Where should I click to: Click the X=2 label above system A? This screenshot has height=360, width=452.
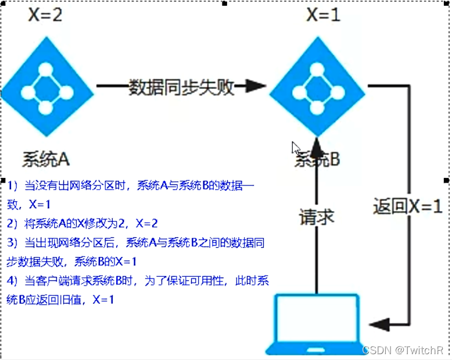45,15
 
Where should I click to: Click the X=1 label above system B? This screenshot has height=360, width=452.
323,15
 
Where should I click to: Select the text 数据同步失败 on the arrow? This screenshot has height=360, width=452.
181,87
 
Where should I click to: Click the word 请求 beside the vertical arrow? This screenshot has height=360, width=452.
317,217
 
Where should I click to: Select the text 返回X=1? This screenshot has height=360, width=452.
408,206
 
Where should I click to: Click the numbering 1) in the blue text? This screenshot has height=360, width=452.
13,186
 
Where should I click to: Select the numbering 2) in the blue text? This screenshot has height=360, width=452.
13,223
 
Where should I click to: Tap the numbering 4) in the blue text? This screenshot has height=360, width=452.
13,281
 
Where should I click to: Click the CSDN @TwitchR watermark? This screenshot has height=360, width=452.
402,350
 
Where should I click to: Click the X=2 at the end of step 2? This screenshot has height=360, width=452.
146,223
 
